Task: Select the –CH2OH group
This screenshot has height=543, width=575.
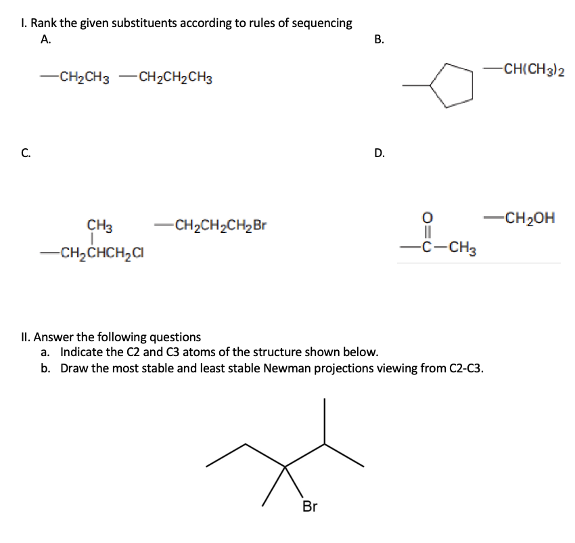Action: coord(521,218)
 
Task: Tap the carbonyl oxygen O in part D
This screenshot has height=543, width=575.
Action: coord(426,217)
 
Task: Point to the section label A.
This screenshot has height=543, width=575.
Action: coord(45,39)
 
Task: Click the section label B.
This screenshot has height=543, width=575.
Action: coord(379,39)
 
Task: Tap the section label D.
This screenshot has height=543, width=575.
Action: coord(379,152)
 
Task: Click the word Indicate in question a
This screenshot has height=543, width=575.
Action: coord(82,352)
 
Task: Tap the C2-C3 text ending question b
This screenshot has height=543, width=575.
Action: coord(465,368)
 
